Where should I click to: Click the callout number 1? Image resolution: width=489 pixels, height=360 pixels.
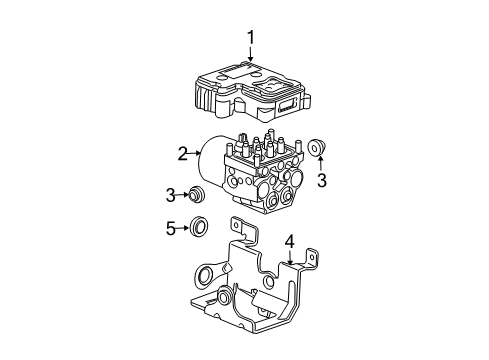pos(251,38)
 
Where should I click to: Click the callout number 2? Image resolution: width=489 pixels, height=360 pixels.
pos(183,153)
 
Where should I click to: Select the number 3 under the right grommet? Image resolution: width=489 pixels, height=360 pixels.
pos(321,180)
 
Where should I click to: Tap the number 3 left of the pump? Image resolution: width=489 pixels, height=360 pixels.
pos(170,193)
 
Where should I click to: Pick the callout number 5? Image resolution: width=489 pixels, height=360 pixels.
pos(170,229)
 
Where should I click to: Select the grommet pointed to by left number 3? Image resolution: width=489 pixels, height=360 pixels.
pos(198,193)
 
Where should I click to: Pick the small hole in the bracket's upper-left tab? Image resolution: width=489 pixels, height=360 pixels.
pos(236,229)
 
